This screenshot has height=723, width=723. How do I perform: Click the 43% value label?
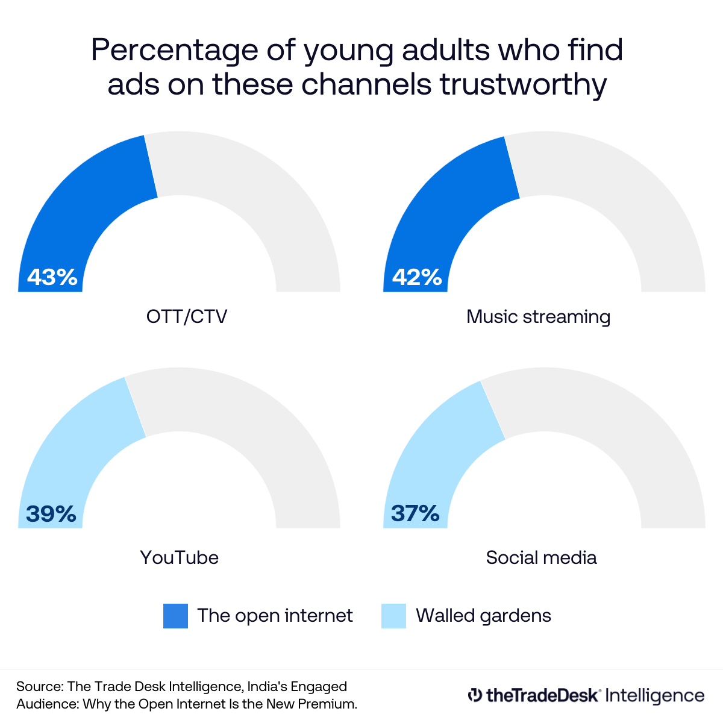pos(52,277)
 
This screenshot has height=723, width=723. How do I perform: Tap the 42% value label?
pos(417,277)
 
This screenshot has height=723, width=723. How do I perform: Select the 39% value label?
pos(51,514)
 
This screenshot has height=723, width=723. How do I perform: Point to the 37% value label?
pos(416,513)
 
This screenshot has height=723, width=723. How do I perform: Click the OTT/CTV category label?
pos(187,317)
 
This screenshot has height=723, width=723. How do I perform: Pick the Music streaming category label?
pos(538,317)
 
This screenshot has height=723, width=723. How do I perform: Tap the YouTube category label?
pos(179,557)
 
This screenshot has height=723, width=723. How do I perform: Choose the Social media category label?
pos(541,557)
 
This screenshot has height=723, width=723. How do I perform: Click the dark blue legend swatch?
pos(175,616)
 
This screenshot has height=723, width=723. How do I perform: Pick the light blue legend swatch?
pos(393,616)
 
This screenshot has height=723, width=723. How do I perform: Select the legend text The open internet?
pos(275,616)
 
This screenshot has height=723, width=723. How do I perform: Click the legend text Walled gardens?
pos(483,616)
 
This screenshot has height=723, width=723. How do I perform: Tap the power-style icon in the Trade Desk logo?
pos(475,695)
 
